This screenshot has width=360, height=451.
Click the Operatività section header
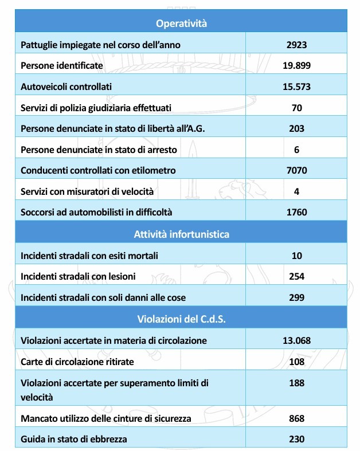pyautogui.click(x=181, y=23)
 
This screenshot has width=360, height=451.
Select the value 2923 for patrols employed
pyautogui.click(x=296, y=45)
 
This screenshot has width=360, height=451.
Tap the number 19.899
pyautogui.click(x=296, y=65)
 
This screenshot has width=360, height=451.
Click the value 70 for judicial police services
pyautogui.click(x=296, y=108)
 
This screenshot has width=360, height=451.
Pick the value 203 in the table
pyautogui.click(x=296, y=128)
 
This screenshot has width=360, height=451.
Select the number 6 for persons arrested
pyautogui.click(x=296, y=150)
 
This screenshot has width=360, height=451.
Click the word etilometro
pyautogui.click(x=153, y=170)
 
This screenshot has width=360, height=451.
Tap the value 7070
pyautogui.click(x=296, y=170)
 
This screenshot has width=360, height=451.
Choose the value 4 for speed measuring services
pyautogui.click(x=296, y=191)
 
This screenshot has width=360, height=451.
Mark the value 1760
pyautogui.click(x=296, y=212)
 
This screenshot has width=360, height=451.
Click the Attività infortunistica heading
pyautogui.click(x=181, y=234)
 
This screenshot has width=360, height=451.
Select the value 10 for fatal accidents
pyautogui.click(x=296, y=255)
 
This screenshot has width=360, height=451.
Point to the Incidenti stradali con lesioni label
pyautogui.click(x=78, y=276)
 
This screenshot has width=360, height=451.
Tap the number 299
pyautogui.click(x=296, y=297)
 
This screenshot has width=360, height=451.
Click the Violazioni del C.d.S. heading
pyautogui.click(x=181, y=319)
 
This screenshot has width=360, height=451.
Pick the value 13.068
pyautogui.click(x=296, y=340)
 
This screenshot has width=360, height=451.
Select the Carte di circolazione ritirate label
pyautogui.click(x=76, y=362)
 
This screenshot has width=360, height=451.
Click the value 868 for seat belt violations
pyautogui.click(x=296, y=418)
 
